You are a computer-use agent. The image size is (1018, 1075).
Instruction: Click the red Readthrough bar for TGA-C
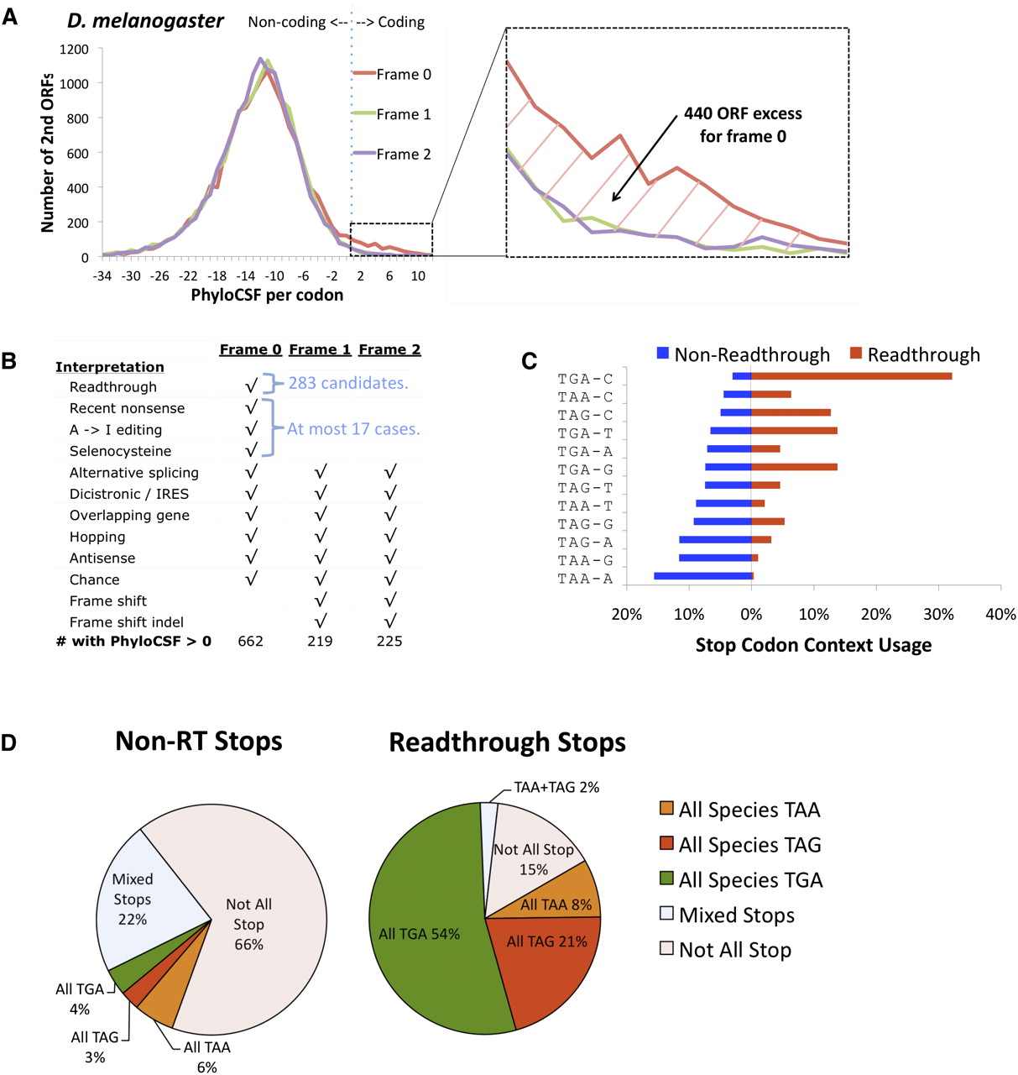click(x=851, y=376)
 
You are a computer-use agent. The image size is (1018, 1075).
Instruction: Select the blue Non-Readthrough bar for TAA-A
click(x=702, y=576)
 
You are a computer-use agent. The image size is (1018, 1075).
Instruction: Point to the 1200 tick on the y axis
click(x=74, y=49)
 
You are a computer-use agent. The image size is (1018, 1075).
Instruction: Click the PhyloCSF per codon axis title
click(x=267, y=295)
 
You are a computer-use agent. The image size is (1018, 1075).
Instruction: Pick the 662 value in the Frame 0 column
click(x=250, y=641)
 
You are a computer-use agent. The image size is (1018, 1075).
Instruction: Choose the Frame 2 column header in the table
click(x=389, y=349)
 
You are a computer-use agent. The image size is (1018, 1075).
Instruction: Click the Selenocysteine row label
click(x=120, y=451)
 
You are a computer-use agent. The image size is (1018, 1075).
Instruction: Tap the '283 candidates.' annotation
click(x=348, y=383)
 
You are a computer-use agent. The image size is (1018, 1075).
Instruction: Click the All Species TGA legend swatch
click(x=666, y=879)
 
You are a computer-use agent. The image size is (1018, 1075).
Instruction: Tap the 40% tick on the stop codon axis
click(x=1000, y=614)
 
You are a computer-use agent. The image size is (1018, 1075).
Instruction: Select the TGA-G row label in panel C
click(x=585, y=469)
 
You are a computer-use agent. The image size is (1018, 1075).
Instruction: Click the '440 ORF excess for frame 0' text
click(x=743, y=124)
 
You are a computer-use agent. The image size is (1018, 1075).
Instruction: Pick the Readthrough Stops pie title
click(x=507, y=742)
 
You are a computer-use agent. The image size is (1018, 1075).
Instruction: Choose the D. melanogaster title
click(x=145, y=21)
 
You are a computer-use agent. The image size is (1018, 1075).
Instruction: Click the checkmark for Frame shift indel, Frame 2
click(x=389, y=621)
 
